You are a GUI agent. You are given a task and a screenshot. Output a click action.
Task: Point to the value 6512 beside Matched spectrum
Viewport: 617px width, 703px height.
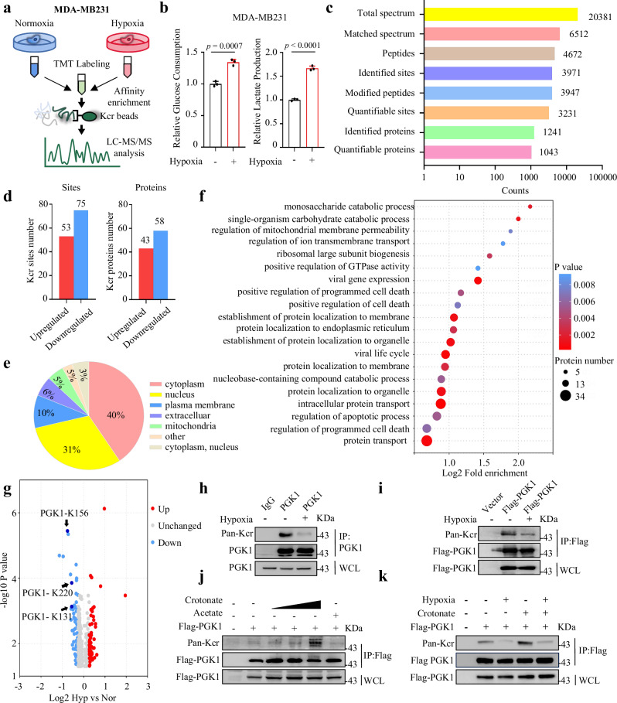click(576, 34)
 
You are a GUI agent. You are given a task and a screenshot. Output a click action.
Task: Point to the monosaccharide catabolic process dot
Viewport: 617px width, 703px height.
click(530, 206)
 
